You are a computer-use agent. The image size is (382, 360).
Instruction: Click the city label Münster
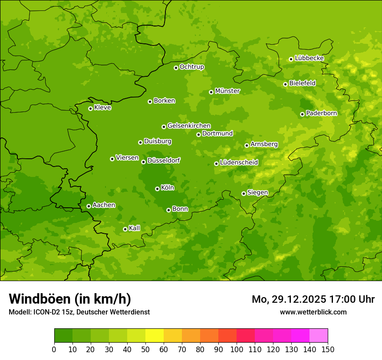pyautogui.click(x=227, y=91)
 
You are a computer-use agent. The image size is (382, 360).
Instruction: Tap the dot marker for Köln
pyautogui.click(x=157, y=189)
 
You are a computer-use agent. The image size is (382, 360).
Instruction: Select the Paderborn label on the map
pyautogui.click(x=321, y=113)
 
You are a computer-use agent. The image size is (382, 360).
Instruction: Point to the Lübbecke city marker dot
pyautogui.click(x=291, y=59)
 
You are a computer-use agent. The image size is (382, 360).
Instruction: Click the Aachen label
pyautogui.click(x=104, y=205)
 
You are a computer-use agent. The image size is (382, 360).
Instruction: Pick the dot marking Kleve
pyautogui.click(x=90, y=108)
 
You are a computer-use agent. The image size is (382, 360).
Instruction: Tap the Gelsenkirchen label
pyautogui.click(x=189, y=126)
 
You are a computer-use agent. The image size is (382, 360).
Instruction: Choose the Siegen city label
pyautogui.click(x=257, y=193)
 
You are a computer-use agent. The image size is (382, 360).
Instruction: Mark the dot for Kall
pyautogui.click(x=125, y=229)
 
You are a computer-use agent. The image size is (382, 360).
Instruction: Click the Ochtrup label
pyautogui.click(x=191, y=67)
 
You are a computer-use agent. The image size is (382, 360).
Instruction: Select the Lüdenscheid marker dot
pyautogui.click(x=216, y=164)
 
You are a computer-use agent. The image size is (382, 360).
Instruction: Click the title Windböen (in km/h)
pyautogui.click(x=70, y=299)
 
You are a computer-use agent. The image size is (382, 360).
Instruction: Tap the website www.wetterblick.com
pyautogui.click(x=313, y=312)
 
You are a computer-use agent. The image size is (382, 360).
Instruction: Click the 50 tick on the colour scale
pyautogui.click(x=145, y=349)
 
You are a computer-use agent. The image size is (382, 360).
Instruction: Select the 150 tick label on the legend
pyautogui.click(x=328, y=349)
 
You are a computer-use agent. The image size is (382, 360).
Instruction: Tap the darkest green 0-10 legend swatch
pyautogui.click(x=63, y=335)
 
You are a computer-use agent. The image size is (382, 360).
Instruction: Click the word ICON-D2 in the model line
pyautogui.click(x=44, y=312)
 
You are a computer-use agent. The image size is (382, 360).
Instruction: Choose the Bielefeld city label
pyautogui.click(x=302, y=83)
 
